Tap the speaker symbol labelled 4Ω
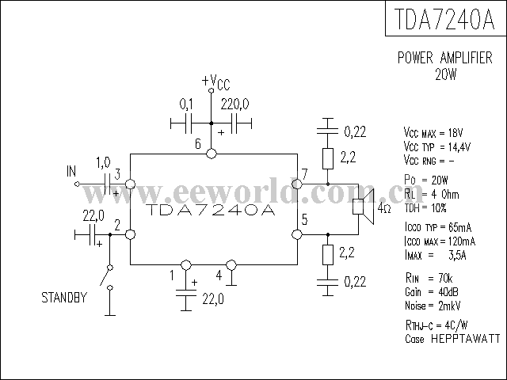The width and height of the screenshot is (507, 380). tap(360, 209)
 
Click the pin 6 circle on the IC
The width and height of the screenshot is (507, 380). tap(212, 154)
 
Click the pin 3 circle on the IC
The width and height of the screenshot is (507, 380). tap(129, 184)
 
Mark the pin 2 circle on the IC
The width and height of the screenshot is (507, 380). tap(129, 234)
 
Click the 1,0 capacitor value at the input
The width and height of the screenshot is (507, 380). tap(103, 162)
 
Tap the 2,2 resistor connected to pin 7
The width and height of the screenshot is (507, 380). tap(326, 158)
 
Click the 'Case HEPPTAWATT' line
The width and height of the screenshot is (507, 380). tap(452, 338)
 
